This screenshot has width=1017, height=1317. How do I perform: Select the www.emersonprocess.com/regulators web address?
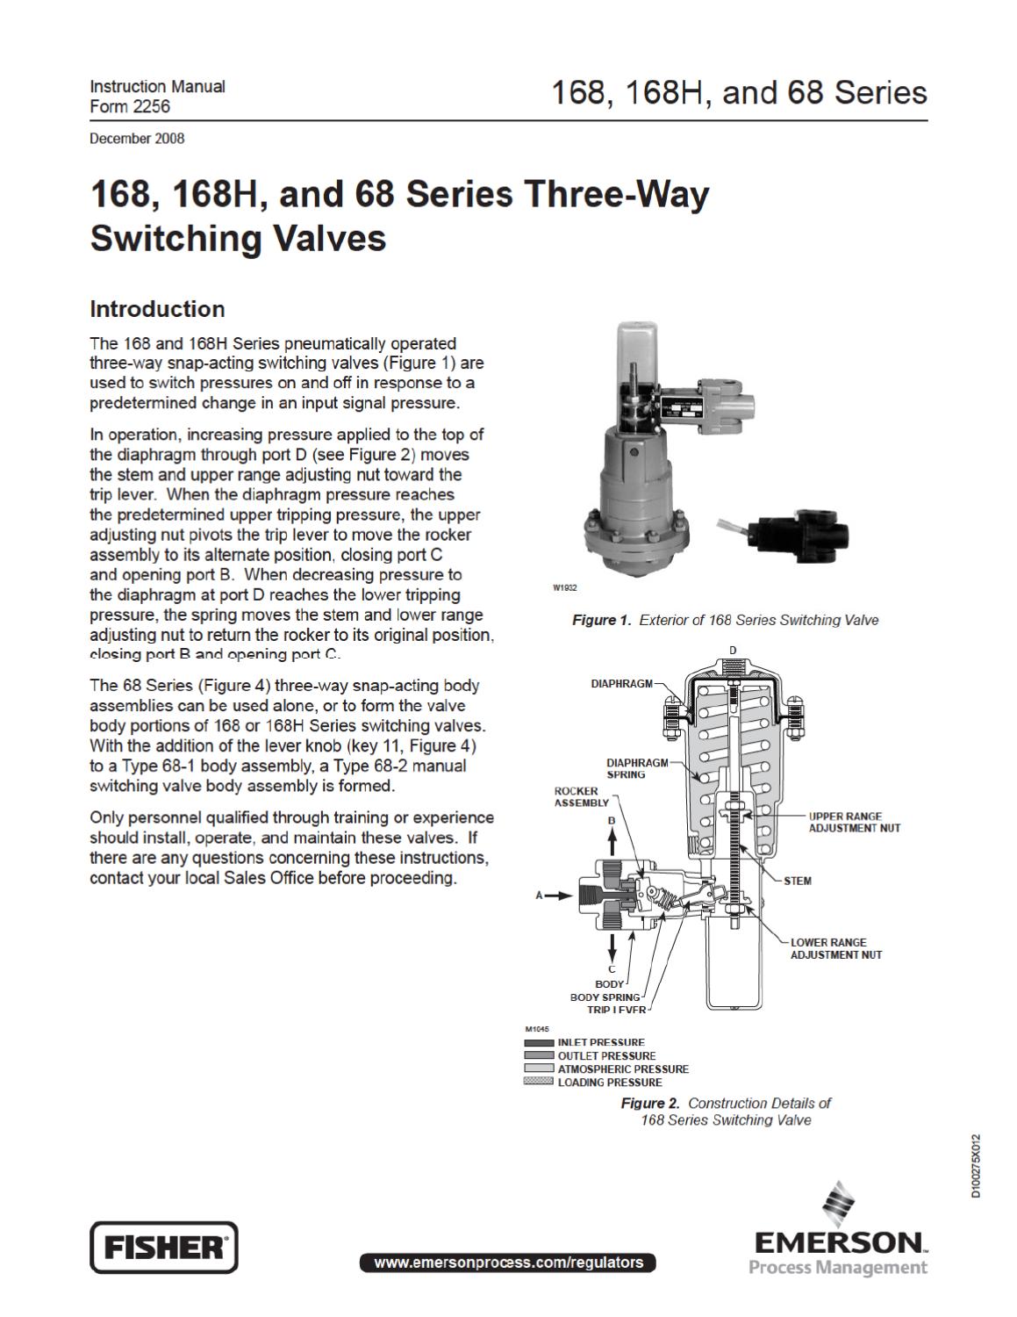[508, 1263]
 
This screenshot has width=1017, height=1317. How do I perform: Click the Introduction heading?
[157, 309]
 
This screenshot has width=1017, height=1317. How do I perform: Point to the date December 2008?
[137, 138]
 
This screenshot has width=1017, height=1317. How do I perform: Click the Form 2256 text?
[130, 106]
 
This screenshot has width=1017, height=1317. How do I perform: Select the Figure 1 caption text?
[725, 620]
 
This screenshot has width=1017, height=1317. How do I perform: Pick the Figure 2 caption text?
[725, 1112]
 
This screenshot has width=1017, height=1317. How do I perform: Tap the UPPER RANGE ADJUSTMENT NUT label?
[854, 822]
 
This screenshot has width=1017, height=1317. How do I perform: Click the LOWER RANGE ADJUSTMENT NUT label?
[836, 948]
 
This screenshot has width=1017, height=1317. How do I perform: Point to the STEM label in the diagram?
[798, 881]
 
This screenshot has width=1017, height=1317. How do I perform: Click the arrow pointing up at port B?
[612, 838]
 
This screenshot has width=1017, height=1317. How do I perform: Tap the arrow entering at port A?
[558, 896]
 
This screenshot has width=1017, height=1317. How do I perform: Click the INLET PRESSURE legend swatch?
[539, 1042]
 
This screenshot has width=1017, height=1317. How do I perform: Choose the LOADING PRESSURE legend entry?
[610, 1083]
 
